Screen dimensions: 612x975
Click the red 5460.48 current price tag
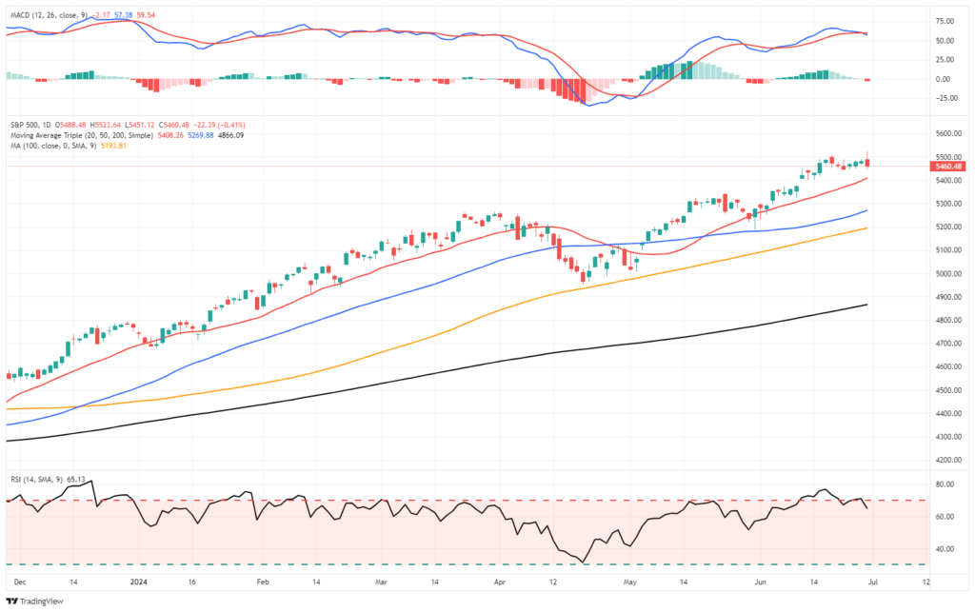tap(949, 167)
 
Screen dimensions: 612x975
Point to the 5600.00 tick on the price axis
tap(948, 133)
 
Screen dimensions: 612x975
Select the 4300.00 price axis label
tap(948, 437)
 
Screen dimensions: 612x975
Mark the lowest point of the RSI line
tap(583, 563)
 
